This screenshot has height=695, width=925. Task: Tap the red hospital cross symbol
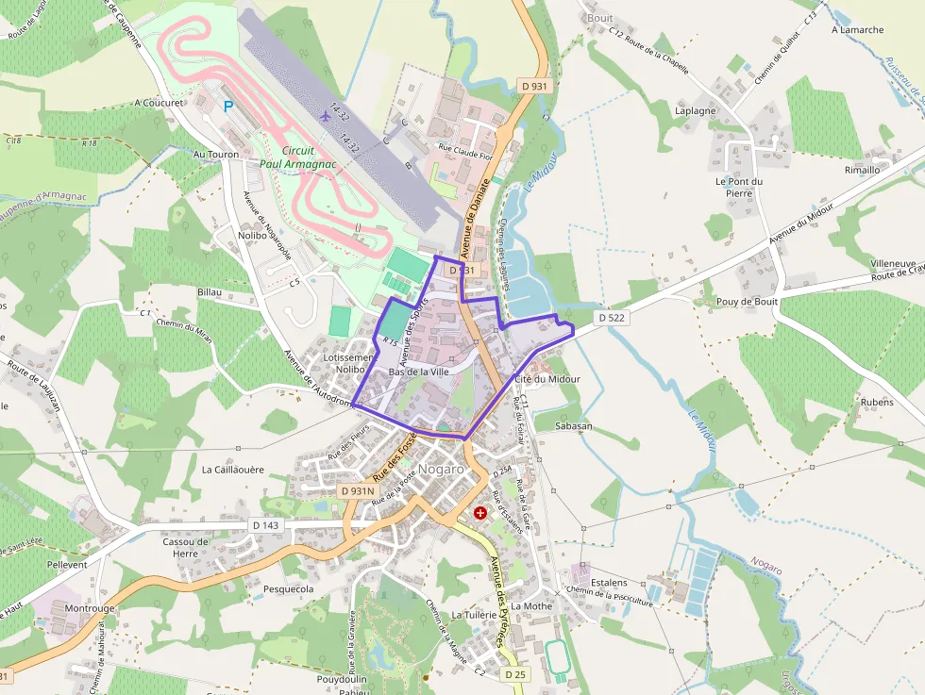[480, 513]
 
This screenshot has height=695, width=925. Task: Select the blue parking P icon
[227, 107]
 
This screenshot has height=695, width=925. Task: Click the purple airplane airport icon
[327, 116]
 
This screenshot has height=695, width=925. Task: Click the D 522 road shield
[612, 318]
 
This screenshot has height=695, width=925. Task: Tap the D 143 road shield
[266, 525]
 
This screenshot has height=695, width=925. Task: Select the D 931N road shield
[358, 491]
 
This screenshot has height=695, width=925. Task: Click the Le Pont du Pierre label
[738, 187]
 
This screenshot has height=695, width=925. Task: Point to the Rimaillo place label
[862, 171]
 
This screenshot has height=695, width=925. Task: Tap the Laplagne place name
[696, 110]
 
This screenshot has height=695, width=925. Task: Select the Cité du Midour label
[547, 379]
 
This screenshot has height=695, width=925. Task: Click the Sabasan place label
[574, 426]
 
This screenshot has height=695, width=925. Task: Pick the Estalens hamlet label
[609, 583]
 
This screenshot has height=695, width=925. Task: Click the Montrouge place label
[90, 609]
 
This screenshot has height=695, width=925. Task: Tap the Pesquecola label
[288, 589]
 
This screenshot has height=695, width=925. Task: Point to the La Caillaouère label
[232, 469]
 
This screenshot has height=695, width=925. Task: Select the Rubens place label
[876, 402]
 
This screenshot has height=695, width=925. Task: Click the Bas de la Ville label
[417, 372]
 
